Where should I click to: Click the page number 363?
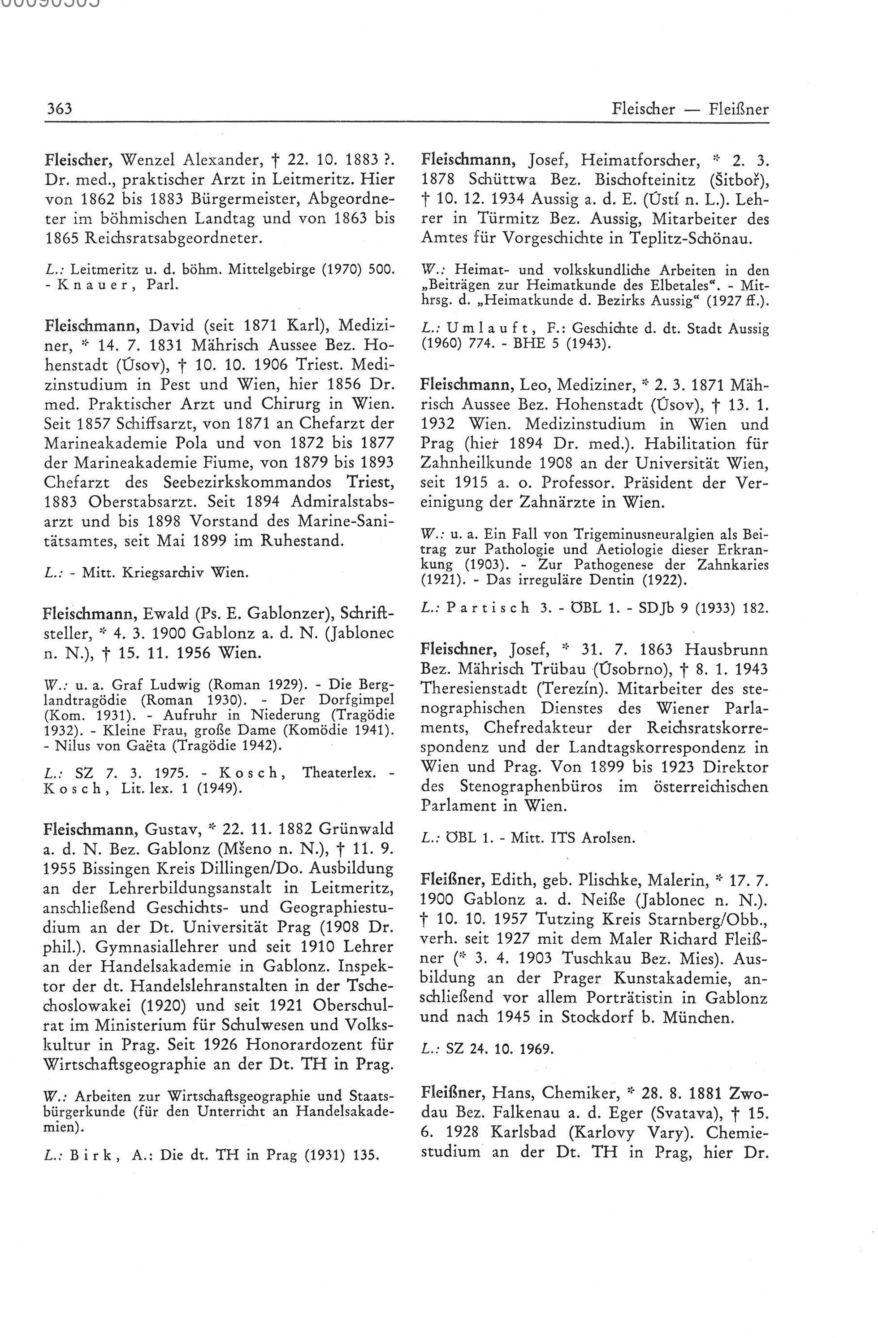[x=59, y=108]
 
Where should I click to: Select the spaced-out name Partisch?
[x=488, y=608]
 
